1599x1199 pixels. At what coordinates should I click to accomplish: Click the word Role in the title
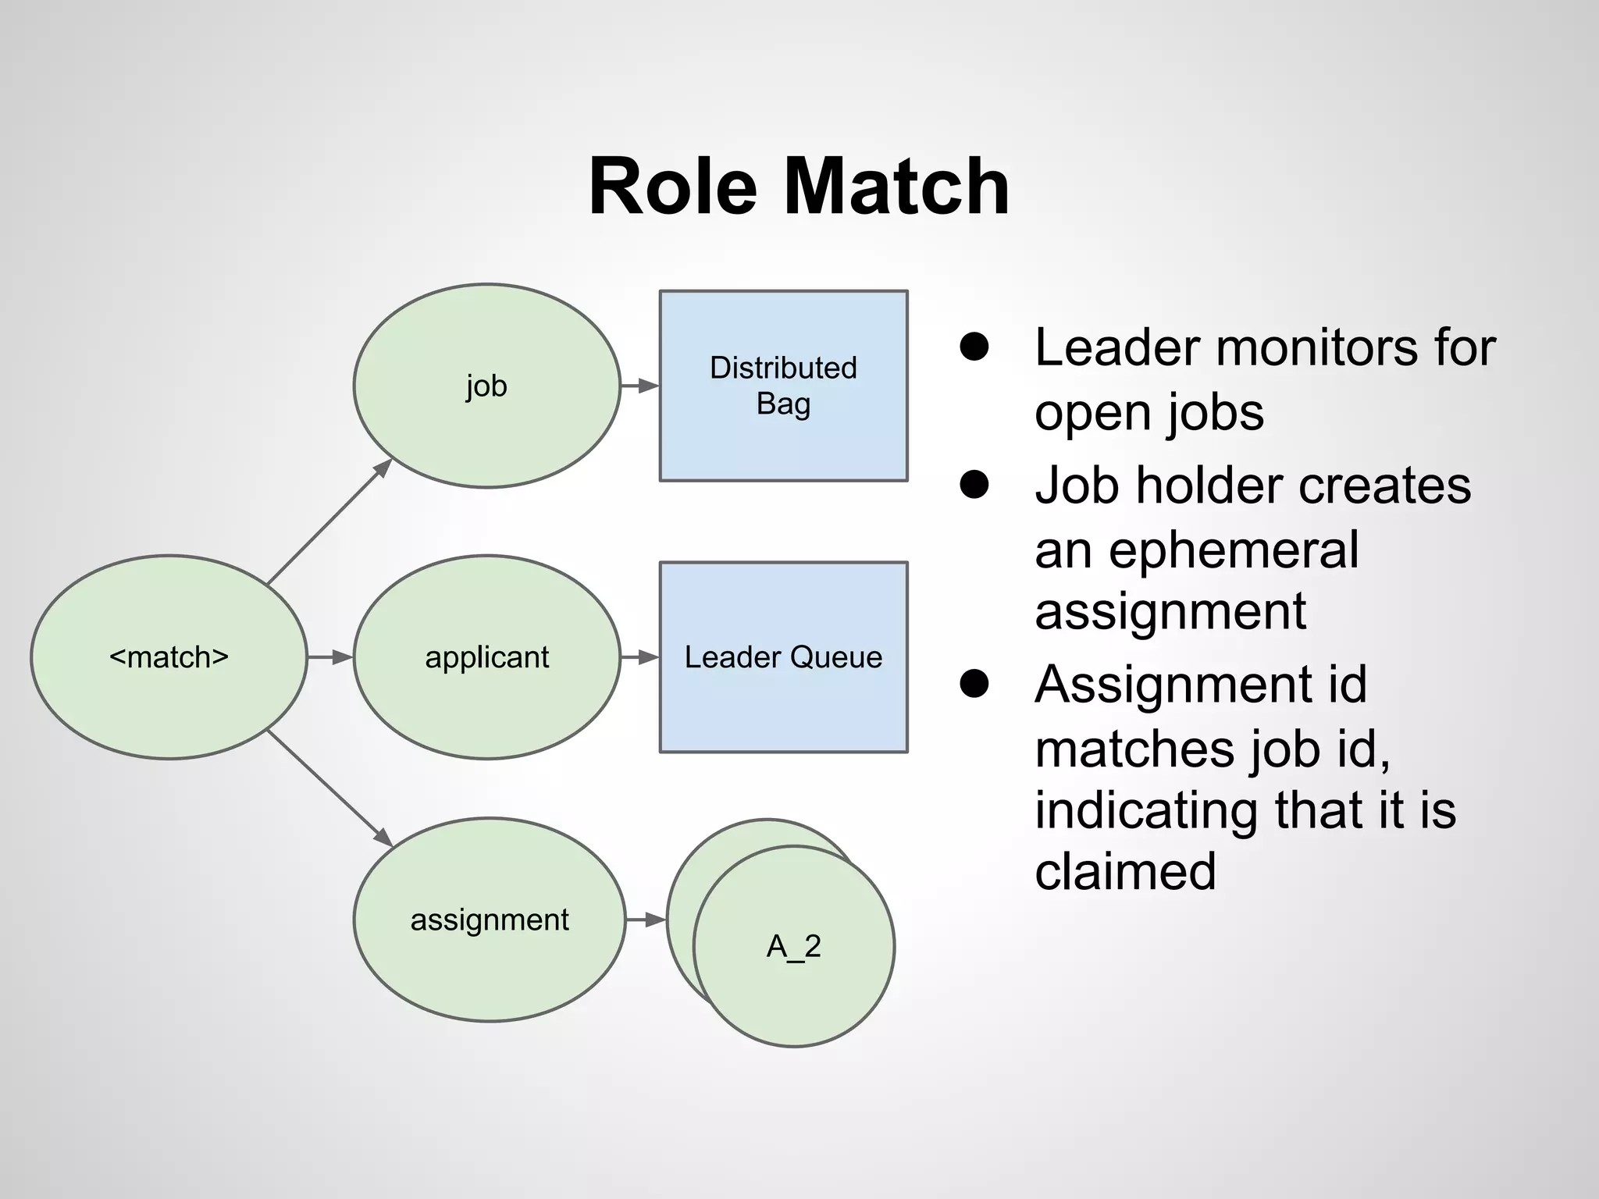[x=672, y=187]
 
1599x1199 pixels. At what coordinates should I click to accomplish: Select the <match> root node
[x=169, y=657]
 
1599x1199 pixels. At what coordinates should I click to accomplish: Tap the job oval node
[x=486, y=386]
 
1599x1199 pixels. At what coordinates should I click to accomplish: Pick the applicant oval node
[x=486, y=657]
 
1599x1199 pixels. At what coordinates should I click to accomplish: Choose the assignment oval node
[x=490, y=920]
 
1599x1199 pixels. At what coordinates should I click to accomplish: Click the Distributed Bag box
[x=783, y=386]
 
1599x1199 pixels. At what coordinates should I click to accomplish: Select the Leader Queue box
[x=783, y=657]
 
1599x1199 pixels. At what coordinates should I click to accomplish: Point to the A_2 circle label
[x=794, y=947]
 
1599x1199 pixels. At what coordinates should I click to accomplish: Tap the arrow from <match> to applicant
[x=330, y=657]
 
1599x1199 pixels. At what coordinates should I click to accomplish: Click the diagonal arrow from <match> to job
[x=329, y=521]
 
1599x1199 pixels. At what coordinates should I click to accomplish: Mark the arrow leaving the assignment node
[x=646, y=920]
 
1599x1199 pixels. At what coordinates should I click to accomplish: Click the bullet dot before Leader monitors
[x=974, y=347]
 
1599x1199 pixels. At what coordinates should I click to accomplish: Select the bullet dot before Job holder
[x=974, y=485]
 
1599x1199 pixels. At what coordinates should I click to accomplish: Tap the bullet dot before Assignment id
[x=974, y=685]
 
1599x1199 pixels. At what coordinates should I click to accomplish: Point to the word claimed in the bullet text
[x=1125, y=871]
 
